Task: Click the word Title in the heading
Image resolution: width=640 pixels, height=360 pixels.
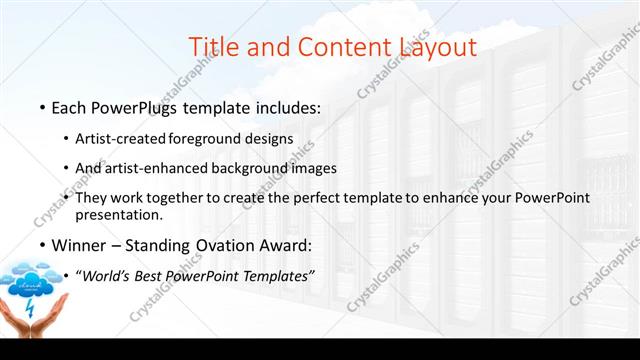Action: [x=213, y=45]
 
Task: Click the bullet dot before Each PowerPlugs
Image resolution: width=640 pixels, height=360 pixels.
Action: [x=42, y=108]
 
